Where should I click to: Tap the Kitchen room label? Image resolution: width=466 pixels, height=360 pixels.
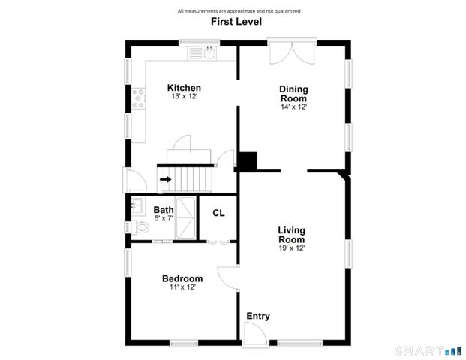click(x=184, y=88)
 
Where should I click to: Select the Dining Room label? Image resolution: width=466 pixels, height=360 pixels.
click(x=294, y=94)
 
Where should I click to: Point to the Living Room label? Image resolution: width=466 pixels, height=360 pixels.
click(x=291, y=234)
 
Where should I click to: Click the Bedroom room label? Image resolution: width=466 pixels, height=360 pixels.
click(x=182, y=279)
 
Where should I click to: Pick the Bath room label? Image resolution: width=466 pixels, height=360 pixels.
click(x=164, y=210)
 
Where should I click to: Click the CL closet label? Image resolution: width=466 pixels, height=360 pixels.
click(x=218, y=213)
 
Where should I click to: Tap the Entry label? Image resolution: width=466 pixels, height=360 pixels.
click(x=258, y=316)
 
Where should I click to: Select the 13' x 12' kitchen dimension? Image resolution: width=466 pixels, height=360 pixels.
click(x=184, y=97)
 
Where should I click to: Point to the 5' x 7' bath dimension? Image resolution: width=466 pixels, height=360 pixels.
click(x=164, y=218)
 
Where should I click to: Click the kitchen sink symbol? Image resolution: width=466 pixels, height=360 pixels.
click(x=203, y=53)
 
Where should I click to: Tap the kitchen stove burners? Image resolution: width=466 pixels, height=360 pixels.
click(x=139, y=97)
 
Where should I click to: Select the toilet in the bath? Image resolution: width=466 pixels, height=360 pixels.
click(x=141, y=228)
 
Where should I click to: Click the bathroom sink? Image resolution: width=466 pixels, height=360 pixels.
click(x=138, y=205)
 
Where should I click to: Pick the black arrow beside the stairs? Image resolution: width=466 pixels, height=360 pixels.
click(x=165, y=180)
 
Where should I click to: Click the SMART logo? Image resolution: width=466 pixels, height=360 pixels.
click(x=425, y=349)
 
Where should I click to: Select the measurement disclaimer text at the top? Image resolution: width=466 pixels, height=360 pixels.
click(x=239, y=10)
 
